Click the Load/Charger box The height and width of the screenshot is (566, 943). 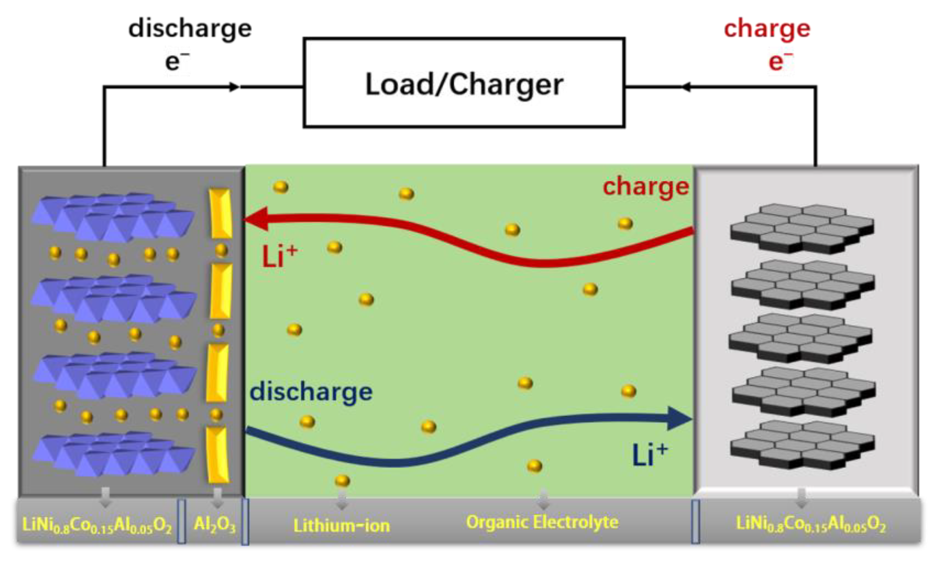(x=464, y=83)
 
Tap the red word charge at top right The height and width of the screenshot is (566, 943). (x=766, y=29)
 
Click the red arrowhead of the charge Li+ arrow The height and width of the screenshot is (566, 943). (x=256, y=219)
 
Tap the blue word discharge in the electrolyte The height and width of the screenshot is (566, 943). (x=311, y=392)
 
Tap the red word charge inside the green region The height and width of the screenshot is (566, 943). (x=645, y=187)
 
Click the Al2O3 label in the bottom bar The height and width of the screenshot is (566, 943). (x=215, y=525)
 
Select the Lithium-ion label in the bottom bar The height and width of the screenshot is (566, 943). (x=341, y=526)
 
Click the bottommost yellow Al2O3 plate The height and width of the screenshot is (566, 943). (x=218, y=454)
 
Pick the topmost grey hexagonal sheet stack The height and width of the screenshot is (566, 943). (x=802, y=228)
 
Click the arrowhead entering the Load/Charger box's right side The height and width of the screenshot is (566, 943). (x=686, y=87)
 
